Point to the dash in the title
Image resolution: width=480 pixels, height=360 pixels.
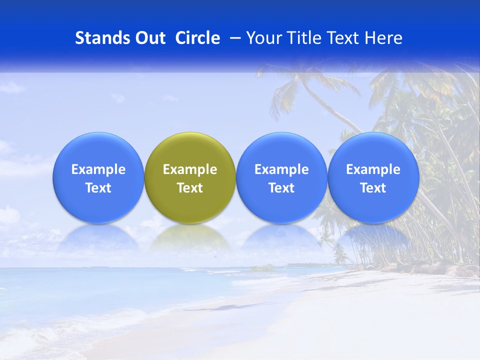coord(233,38)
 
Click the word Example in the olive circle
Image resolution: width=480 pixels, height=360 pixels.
coord(190,169)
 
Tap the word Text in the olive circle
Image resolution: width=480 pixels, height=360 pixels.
coord(190,188)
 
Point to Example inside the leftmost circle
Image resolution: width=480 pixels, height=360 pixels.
coord(98,169)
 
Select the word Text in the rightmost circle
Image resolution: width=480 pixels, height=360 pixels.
coord(373,188)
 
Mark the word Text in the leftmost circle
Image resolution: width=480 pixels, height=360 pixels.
coord(98,188)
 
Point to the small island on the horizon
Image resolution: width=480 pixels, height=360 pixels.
coord(263,268)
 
